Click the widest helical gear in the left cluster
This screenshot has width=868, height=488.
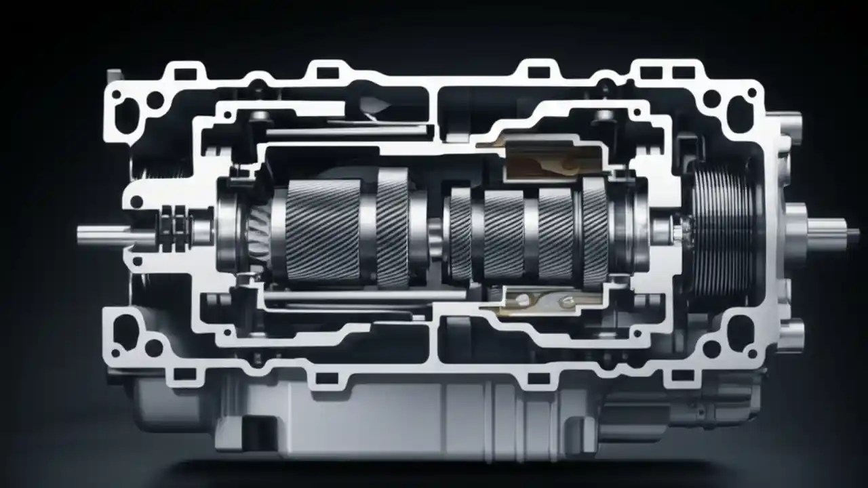[323, 230]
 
